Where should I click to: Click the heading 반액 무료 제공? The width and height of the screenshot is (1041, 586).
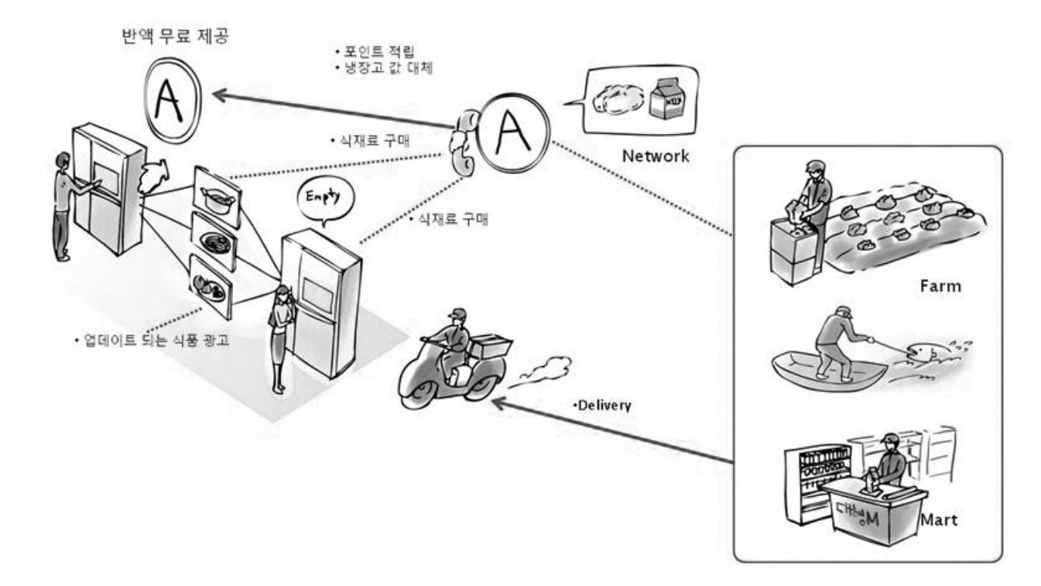tap(174, 37)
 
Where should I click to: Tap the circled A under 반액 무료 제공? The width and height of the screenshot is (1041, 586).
tap(171, 98)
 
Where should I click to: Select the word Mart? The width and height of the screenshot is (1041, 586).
tap(940, 520)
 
